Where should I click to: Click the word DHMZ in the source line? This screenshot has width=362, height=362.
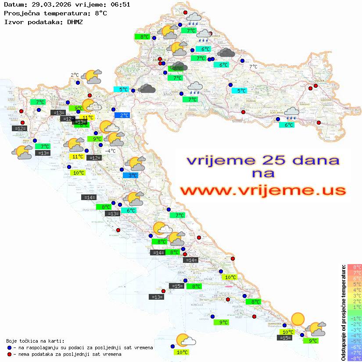click(x=75, y=22)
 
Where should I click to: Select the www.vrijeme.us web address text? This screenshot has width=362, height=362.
click(x=263, y=190)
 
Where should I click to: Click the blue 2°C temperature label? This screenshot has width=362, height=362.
click(x=122, y=115)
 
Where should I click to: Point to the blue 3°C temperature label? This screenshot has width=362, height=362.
click(x=130, y=176)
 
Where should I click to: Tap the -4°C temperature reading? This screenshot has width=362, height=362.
click(x=110, y=151)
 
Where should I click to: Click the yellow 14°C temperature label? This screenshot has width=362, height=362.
click(x=87, y=117)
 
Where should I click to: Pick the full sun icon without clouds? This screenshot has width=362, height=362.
click(x=298, y=319)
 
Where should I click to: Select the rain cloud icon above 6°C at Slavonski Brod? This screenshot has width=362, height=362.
click(x=291, y=113)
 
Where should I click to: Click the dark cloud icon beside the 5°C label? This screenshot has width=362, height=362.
click(x=147, y=89)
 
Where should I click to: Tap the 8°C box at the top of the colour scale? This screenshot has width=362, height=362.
click(x=354, y=267)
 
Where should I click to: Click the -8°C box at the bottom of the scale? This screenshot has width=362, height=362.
click(x=354, y=358)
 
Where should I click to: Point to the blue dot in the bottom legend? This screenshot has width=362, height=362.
click(x=10, y=348)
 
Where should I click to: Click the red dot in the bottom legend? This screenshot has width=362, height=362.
click(x=10, y=354)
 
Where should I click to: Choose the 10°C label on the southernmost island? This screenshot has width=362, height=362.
click(x=182, y=352)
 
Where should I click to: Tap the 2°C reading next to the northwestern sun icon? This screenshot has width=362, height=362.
click(x=75, y=75)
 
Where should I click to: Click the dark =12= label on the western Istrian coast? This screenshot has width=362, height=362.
click(x=20, y=129)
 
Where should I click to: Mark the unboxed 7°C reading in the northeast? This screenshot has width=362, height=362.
click(x=253, y=67)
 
